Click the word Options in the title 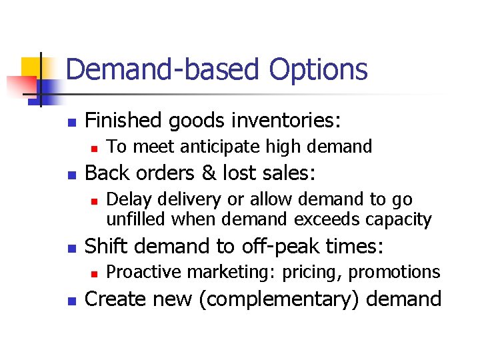(319, 69)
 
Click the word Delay (127, 199)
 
